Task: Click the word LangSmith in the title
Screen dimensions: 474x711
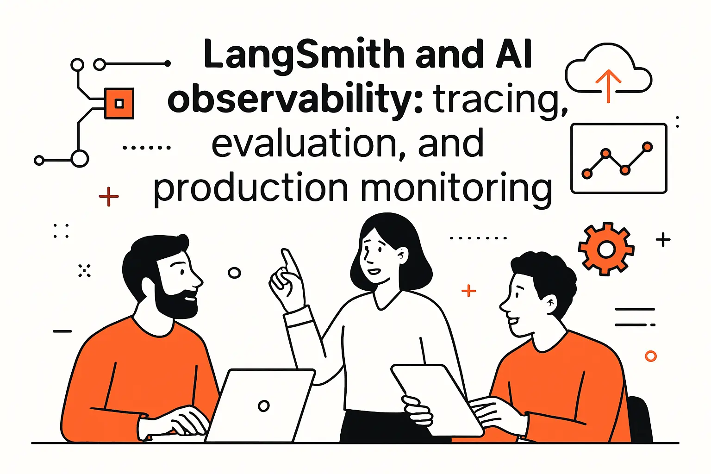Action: coord(304,55)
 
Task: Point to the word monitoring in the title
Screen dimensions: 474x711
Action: coord(455,189)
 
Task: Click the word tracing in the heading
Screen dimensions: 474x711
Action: coord(500,99)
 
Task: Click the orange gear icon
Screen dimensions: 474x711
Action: coord(606,249)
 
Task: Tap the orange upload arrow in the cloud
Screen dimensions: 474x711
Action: coord(608,86)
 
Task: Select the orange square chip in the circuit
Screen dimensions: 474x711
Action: coord(119,103)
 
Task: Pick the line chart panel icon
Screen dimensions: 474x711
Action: coord(619,158)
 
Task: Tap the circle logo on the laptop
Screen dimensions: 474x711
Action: coord(263,406)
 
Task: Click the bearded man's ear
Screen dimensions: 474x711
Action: coord(147,287)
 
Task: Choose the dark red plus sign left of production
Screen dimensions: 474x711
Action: coord(109,197)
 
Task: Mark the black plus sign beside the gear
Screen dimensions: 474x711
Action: coord(663,240)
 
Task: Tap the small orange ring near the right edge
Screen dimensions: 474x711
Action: coord(651,356)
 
